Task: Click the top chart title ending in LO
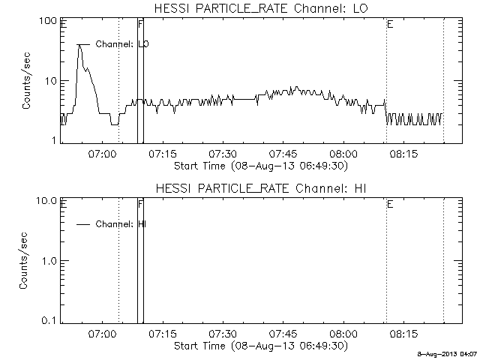pos(261,8)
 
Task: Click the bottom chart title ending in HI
pos(261,188)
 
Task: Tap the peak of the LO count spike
pos(79,45)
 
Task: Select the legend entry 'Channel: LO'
pos(122,44)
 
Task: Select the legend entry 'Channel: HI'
pos(121,224)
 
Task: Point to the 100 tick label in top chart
pos(47,21)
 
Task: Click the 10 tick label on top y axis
pos(50,81)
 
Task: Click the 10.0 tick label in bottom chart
pos(46,201)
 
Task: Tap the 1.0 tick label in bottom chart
pos(49,261)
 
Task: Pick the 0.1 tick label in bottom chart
pos(49,321)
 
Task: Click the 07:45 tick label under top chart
pos(283,153)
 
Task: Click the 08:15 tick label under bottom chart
pos(403,333)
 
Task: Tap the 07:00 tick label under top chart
pos(102,153)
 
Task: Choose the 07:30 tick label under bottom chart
pos(223,333)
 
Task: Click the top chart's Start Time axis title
pos(261,166)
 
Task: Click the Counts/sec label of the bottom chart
pos(23,260)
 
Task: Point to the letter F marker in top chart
pos(140,24)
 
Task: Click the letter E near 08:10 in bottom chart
pos(390,204)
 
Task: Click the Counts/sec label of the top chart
pos(26,80)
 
